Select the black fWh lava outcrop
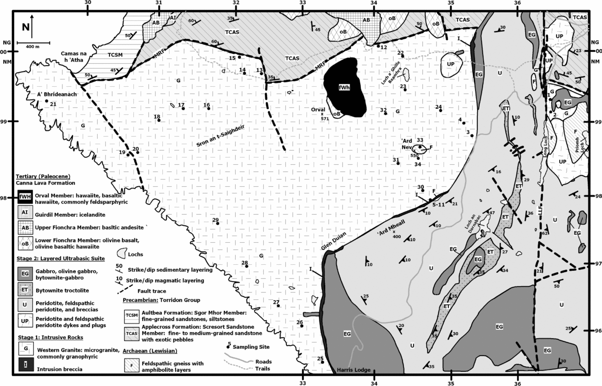click(345, 87)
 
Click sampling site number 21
click(46, 101)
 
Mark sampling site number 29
click(218, 224)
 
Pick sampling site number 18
click(159, 120)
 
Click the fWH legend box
click(25, 198)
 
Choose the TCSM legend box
click(132, 315)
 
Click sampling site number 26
click(302, 326)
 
